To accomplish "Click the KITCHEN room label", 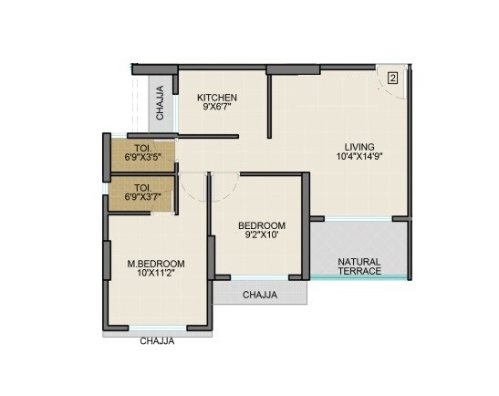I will pyautogui.click(x=219, y=98).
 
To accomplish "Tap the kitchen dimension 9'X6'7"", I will pyautogui.click(x=219, y=108).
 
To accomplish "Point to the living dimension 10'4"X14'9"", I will pyautogui.click(x=359, y=157).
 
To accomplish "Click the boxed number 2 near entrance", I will pyautogui.click(x=392, y=78).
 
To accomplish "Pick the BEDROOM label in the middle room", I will pyautogui.click(x=262, y=225).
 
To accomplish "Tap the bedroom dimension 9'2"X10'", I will pyautogui.click(x=262, y=235).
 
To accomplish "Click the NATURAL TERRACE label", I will pyautogui.click(x=359, y=266).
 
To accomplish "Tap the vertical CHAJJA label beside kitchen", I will pyautogui.click(x=161, y=103).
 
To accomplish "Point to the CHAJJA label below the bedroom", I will pyautogui.click(x=261, y=295).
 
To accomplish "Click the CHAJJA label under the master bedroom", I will pyautogui.click(x=157, y=341).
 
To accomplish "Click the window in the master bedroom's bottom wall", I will pyautogui.click(x=157, y=327).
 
